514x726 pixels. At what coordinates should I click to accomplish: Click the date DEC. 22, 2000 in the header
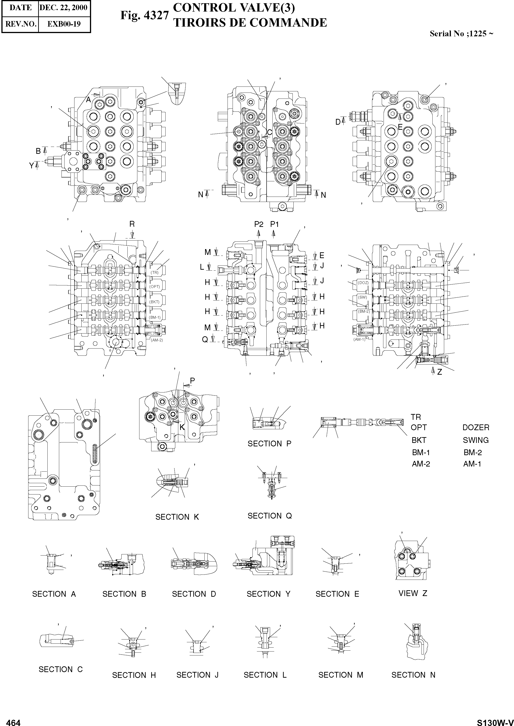click(x=64, y=8)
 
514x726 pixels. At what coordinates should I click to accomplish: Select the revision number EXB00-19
click(x=64, y=24)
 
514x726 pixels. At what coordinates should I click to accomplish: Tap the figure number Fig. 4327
click(x=144, y=15)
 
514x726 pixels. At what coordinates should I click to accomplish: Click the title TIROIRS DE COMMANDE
click(x=250, y=23)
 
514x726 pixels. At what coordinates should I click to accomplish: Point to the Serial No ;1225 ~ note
click(x=461, y=34)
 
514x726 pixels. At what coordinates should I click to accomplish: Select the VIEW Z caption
click(x=413, y=593)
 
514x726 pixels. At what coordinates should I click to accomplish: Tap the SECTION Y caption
click(x=268, y=594)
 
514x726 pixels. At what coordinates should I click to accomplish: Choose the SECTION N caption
click(x=413, y=684)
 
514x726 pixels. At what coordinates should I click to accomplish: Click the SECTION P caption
click(x=269, y=444)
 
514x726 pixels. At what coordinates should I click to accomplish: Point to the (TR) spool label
click(x=154, y=272)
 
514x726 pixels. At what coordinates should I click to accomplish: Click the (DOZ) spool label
click(x=363, y=282)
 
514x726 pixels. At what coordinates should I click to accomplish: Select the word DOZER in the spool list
click(x=476, y=427)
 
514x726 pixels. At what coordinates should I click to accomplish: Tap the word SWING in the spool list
click(x=476, y=440)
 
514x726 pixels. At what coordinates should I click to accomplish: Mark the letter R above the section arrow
click(x=132, y=224)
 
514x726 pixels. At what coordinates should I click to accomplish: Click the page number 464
click(x=13, y=720)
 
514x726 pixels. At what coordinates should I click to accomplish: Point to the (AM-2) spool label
click(x=157, y=340)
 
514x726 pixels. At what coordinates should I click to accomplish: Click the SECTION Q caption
click(x=269, y=516)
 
